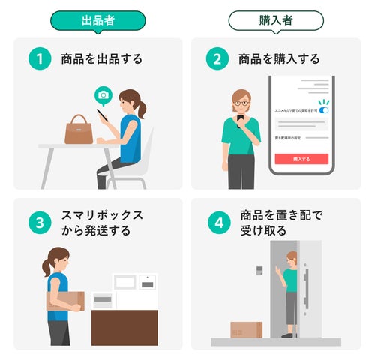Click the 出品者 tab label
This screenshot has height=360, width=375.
coord(97,20)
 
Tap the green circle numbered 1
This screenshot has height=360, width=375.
coord(39,58)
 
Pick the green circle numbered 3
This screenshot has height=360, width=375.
coord(39,223)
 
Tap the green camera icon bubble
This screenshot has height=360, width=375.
coord(103,94)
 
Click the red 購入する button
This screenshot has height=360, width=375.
coord(301,159)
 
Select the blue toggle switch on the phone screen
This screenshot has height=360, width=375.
coord(323,110)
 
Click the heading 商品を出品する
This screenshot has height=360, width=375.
coord(101,58)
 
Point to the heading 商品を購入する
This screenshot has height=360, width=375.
coord(279,58)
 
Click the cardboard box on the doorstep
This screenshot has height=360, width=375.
coord(246,329)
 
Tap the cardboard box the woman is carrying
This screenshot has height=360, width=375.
coord(66,299)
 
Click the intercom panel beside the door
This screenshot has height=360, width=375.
coord(259,269)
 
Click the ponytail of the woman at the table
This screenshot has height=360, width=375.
coord(142,108)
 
